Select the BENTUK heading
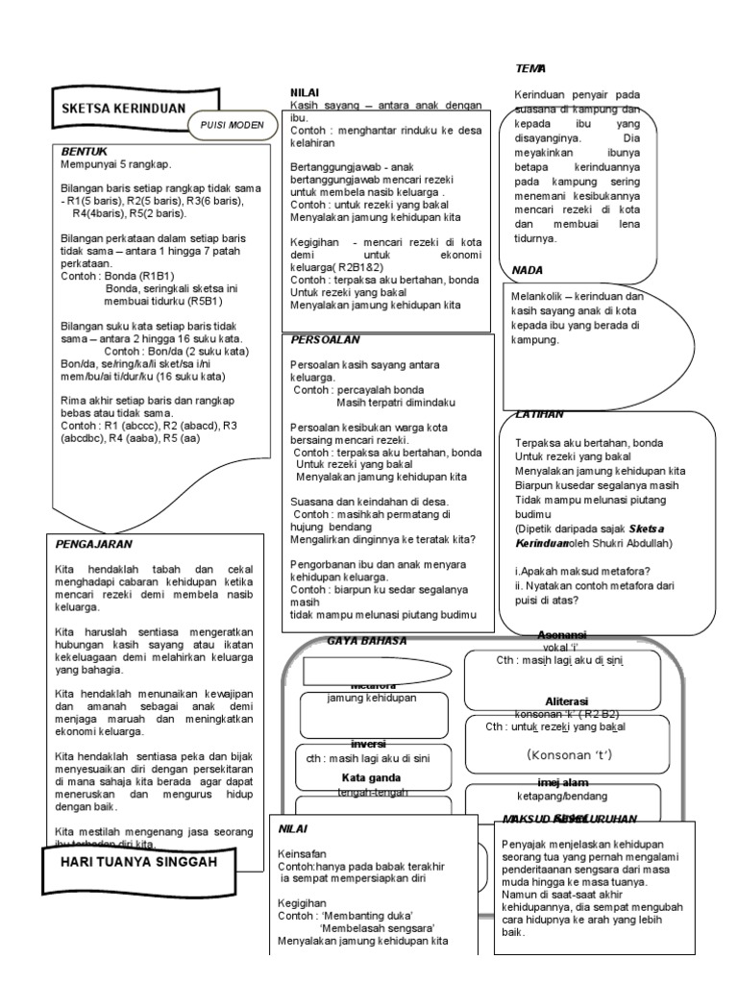(83, 152)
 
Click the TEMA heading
(529, 68)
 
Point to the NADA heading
(529, 270)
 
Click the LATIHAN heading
(539, 414)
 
